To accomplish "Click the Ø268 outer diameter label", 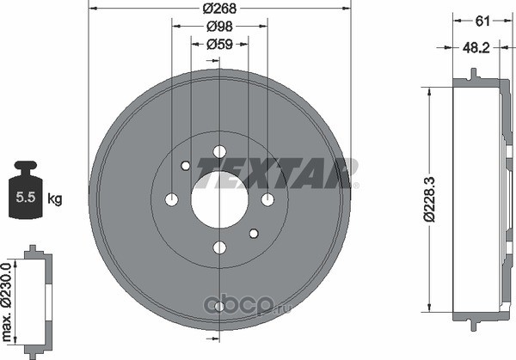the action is [x=219, y=9].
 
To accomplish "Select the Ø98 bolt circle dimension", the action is [x=219, y=27].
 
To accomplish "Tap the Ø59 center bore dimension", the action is [x=219, y=44].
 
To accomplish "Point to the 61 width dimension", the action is [x=482, y=21].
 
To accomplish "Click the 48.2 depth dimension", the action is [x=476, y=48].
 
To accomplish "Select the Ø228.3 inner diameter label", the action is [x=430, y=199].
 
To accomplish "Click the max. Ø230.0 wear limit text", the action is [x=8, y=302].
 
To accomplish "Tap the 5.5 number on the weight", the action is [x=26, y=198].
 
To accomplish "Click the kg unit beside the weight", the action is [x=55, y=199].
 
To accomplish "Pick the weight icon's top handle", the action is [x=26, y=164].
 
